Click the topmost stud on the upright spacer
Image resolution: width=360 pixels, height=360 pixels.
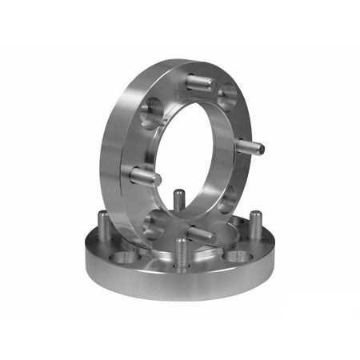point(198,82)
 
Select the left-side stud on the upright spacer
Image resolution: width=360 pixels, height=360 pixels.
point(145,176)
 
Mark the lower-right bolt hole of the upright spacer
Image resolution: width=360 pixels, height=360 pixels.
point(227,198)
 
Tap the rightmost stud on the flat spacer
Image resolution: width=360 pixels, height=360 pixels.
point(255,226)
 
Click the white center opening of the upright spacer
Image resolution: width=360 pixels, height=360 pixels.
point(196,160)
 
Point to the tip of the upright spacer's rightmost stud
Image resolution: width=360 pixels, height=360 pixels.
point(260,148)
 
